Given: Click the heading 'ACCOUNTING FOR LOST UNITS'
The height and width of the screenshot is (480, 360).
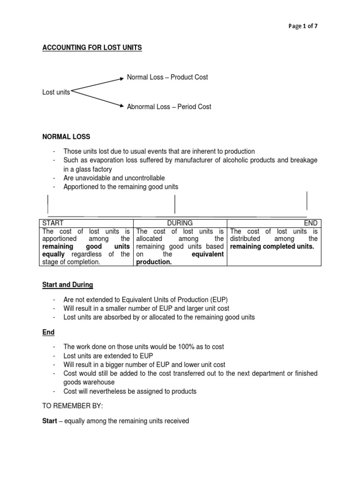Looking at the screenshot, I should click(92, 48).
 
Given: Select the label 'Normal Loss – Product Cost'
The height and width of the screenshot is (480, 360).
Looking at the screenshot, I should click(167, 77).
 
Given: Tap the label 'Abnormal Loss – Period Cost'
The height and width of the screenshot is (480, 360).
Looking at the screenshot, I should click(169, 106).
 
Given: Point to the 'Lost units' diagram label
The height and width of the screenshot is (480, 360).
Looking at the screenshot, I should click(56, 92).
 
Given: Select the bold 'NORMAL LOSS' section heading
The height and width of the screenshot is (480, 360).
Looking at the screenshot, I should click(66, 136).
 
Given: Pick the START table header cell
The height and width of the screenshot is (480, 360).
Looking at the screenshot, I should click(53, 223).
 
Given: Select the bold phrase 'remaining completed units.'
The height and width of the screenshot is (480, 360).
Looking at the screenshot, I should click(272, 247).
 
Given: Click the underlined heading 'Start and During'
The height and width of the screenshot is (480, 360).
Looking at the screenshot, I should click(68, 285).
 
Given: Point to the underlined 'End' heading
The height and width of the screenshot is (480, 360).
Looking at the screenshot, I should click(49, 332).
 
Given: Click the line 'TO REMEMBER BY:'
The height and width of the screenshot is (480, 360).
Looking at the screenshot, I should click(69, 406).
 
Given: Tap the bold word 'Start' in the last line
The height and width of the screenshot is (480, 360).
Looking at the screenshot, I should click(51, 421).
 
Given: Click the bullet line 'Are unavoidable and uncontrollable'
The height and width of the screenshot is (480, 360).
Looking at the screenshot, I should click(114, 178).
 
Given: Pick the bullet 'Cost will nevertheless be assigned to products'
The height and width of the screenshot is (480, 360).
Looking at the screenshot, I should click(130, 391).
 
